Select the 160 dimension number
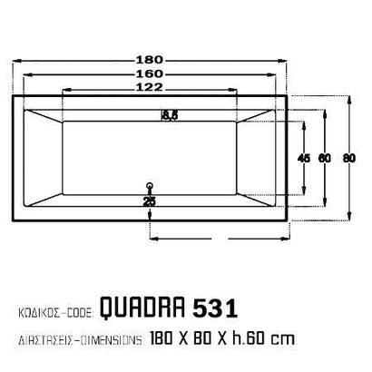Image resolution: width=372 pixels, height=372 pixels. [150, 73]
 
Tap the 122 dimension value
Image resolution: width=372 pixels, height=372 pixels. [150, 87]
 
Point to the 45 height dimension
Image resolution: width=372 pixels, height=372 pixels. [304, 158]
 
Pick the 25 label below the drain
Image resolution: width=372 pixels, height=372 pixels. [150, 201]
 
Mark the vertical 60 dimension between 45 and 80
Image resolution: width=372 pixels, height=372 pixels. [325, 158]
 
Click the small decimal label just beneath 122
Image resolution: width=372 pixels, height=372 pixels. [170, 113]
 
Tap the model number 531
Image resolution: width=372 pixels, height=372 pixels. [216, 309]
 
